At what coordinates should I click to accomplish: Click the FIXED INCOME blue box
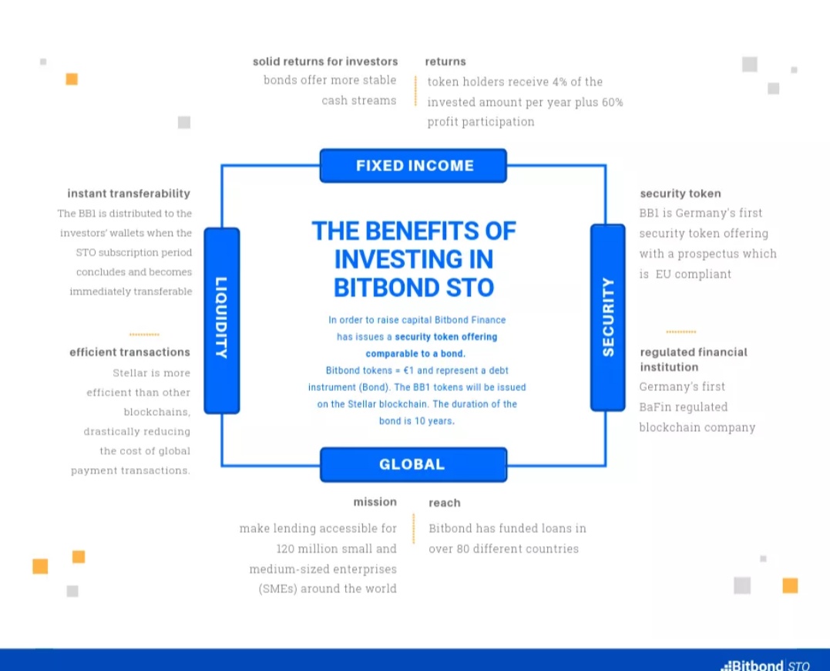(413, 166)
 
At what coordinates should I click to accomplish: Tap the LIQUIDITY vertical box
(222, 320)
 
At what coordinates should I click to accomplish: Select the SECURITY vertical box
(608, 318)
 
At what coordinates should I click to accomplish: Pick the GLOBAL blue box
(413, 464)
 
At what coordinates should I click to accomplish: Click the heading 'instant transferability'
(129, 194)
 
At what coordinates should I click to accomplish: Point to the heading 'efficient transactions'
(129, 352)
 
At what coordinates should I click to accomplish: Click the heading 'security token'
(680, 194)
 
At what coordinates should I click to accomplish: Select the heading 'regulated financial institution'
(694, 359)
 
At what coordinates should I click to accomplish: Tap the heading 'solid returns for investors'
(325, 62)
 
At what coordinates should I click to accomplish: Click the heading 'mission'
(375, 502)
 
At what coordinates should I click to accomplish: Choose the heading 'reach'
(445, 503)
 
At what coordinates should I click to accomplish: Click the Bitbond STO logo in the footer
(765, 665)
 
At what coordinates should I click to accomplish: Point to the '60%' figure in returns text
(612, 103)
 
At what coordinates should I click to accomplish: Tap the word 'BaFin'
(657, 407)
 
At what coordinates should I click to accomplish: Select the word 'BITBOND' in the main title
(386, 288)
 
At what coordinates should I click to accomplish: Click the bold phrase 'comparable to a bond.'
(415, 354)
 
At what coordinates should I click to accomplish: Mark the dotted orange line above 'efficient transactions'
(144, 335)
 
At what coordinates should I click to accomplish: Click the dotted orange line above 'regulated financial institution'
(680, 332)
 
